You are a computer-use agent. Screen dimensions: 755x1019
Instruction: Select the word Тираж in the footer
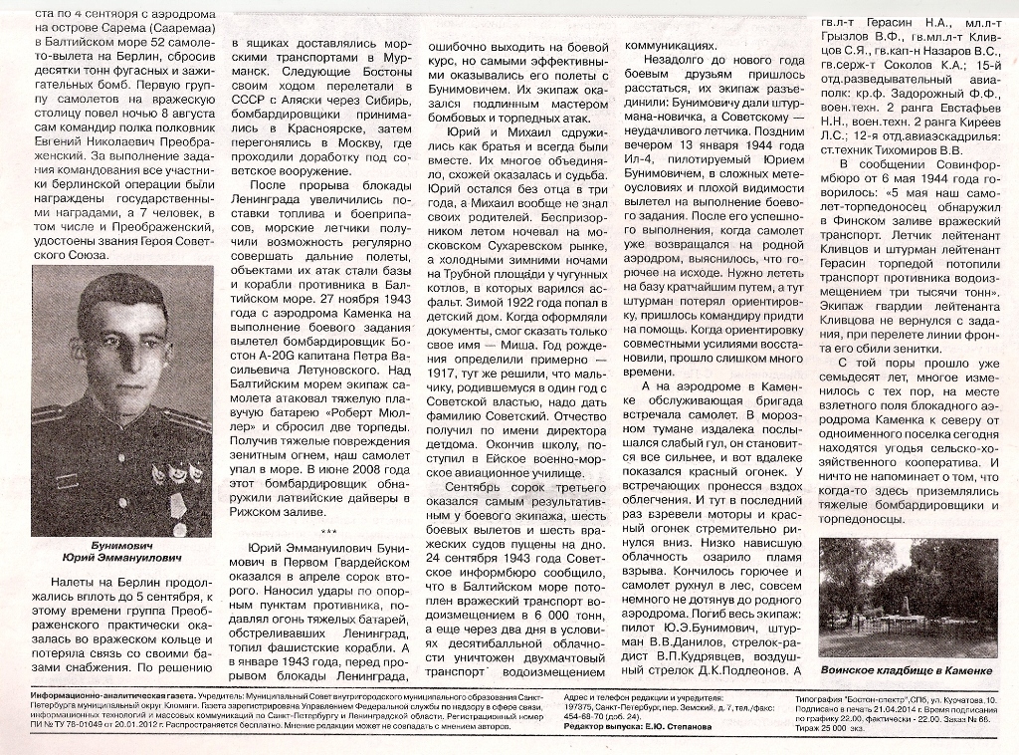coord(834,728)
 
